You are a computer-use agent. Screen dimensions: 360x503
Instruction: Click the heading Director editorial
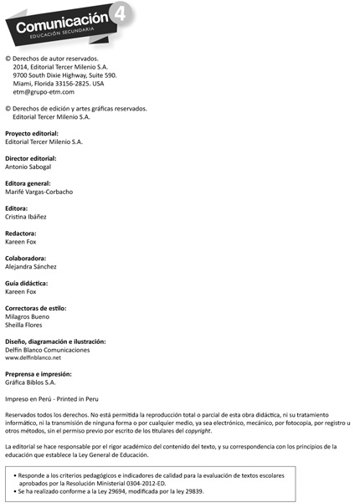tap(31, 158)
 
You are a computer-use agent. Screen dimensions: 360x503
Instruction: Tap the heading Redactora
tap(21, 233)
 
